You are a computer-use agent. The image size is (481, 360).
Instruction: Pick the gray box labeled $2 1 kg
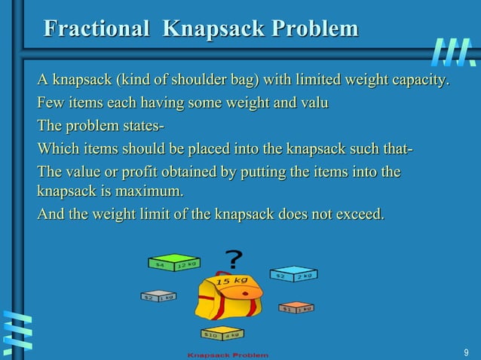pos(158,296)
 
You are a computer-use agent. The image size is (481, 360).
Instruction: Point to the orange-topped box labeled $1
pos(296,307)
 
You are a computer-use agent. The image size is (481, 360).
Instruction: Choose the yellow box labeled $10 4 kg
pos(221,332)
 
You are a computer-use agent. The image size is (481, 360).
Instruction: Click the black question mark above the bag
pos(234,259)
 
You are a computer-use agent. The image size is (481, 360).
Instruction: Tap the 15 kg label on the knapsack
pos(231,281)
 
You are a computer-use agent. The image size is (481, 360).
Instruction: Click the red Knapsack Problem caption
pos(227,354)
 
